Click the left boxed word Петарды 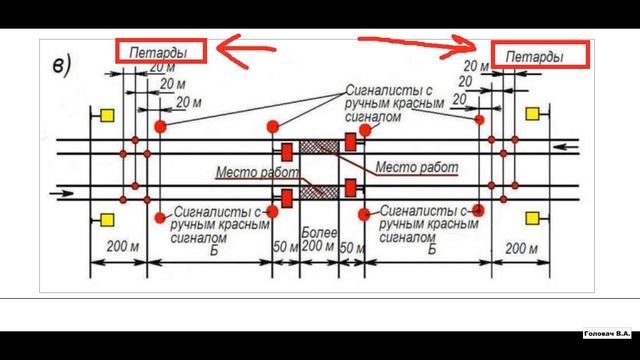click(x=160, y=50)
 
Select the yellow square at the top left click(x=107, y=118)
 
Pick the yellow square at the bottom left click(x=107, y=219)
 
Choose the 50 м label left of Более click(x=284, y=246)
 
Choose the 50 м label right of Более click(x=352, y=246)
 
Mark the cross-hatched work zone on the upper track click(x=318, y=148)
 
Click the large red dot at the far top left click(x=160, y=126)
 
